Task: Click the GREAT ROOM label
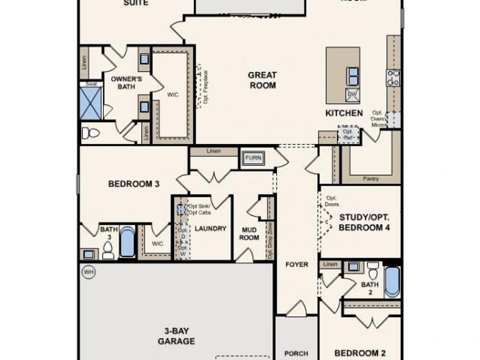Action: [262, 80]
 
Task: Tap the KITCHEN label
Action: [344, 113]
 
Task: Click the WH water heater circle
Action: [87, 272]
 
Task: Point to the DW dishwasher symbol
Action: [352, 95]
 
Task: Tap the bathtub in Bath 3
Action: [127, 243]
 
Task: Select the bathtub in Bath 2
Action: [391, 281]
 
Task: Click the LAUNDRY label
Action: [210, 229]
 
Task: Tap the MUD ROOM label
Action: [249, 234]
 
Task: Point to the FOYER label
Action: [297, 264]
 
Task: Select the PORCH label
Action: [296, 353]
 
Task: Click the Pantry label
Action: [370, 179]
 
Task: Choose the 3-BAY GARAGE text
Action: [176, 336]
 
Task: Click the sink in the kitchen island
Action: [353, 75]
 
